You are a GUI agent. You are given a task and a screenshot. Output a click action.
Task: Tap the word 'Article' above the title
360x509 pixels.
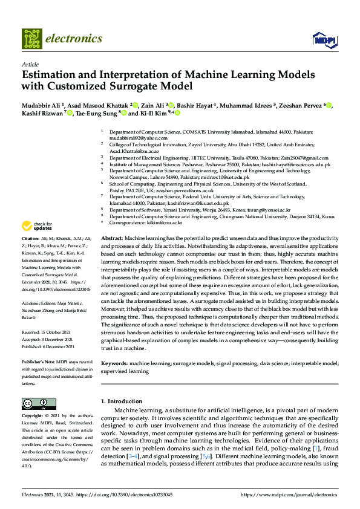pos(30,64)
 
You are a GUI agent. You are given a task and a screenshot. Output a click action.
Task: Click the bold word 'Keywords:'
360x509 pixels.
pos(114,363)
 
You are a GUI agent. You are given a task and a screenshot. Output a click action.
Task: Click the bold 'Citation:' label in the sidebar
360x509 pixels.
pos(32,239)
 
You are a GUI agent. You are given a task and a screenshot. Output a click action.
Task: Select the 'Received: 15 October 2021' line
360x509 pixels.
pos(48,332)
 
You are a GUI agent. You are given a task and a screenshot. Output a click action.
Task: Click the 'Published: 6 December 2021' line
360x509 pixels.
pos(48,346)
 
